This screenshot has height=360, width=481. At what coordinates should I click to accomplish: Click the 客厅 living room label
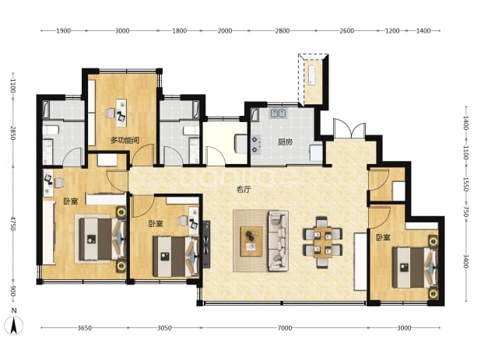pos(244,190)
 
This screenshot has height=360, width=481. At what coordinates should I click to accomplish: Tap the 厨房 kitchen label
pos(285,142)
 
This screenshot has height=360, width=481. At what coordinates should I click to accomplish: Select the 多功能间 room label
pos(125,140)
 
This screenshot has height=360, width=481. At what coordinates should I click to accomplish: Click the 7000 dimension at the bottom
pos(285,328)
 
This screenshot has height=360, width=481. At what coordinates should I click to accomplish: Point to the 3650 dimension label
pos(84,328)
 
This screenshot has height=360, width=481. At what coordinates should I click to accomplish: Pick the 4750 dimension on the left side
pos(12,224)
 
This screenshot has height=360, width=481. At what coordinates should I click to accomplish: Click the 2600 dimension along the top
pos(347,30)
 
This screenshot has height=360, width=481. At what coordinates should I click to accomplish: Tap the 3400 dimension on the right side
pos(465,261)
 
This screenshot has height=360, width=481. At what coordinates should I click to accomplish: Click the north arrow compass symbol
pos(13,325)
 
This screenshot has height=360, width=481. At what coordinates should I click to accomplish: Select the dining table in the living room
pos(323,243)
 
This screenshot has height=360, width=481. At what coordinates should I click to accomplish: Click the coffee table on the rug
pos(251,242)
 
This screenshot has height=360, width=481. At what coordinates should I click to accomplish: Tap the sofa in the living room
pos(278,241)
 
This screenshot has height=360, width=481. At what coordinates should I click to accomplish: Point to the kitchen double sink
pos(278,114)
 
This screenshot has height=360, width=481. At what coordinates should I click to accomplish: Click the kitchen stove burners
pos(256,145)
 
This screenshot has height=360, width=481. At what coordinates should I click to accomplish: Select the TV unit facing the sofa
pos(206,244)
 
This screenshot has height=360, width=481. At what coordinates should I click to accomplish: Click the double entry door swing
pos(349,129)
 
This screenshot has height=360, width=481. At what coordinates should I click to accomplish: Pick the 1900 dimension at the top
pos(63,30)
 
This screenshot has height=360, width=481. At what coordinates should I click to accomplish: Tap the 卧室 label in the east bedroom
pos(383,237)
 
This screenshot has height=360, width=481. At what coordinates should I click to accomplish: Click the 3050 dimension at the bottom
pos(164,328)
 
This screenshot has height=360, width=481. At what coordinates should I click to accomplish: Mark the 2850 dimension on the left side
pos(12,133)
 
